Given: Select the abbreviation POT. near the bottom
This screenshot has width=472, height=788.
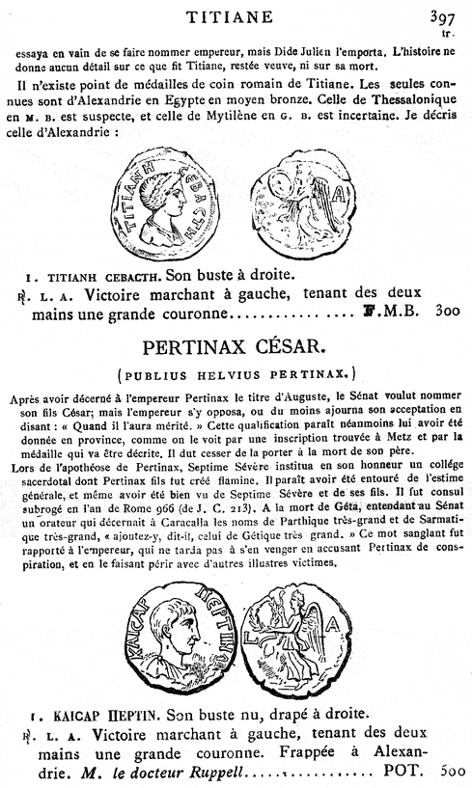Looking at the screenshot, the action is tap(397, 772).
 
